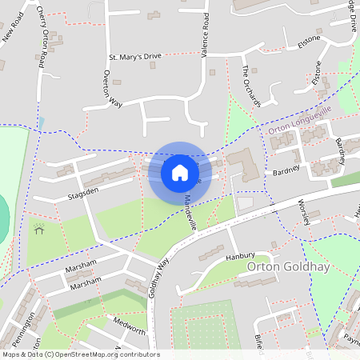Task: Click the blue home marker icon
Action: click(x=180, y=172)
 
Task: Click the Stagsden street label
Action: click(x=84, y=193)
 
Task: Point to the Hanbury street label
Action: click(x=238, y=257)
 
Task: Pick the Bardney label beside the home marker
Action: click(x=286, y=170)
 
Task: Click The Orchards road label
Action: click(x=252, y=86)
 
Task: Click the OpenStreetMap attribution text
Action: click(x=80, y=354)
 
